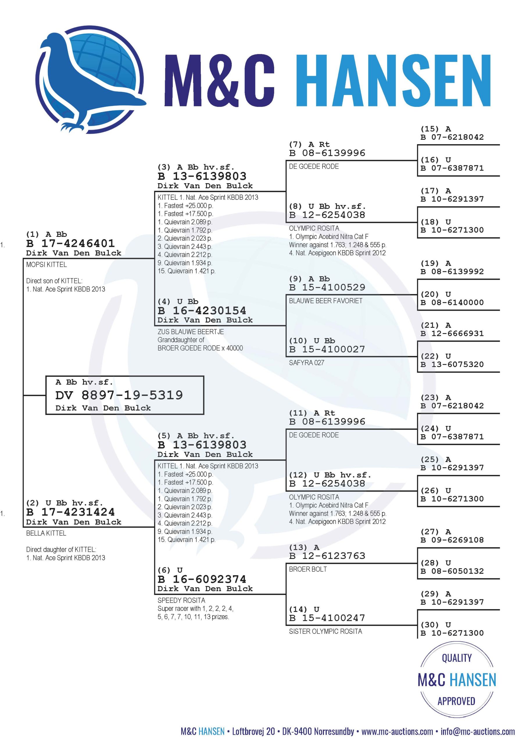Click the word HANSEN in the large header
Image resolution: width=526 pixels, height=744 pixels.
pyautogui.click(x=394, y=81)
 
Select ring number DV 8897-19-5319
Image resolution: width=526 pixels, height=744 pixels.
pyautogui.click(x=119, y=395)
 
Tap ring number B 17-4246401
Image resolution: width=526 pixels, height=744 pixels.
pyautogui.click(x=70, y=243)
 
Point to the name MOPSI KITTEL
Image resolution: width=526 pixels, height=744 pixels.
pyautogui.click(x=46, y=265)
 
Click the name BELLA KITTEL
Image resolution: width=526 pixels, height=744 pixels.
pyautogui.click(x=46, y=533)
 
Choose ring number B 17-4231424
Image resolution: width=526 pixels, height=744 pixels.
pyautogui.click(x=70, y=512)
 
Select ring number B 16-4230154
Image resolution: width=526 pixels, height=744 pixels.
pyautogui.click(x=202, y=310)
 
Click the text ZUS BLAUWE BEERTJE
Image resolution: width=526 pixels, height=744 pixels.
pyautogui.click(x=191, y=332)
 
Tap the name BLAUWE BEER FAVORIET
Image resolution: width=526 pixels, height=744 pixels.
pyautogui.click(x=326, y=301)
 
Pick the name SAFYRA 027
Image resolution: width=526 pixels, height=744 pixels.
pyautogui.click(x=307, y=363)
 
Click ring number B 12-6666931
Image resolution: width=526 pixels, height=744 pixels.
pyautogui.click(x=452, y=333)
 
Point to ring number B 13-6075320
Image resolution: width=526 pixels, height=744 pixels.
pyautogui.click(x=452, y=364)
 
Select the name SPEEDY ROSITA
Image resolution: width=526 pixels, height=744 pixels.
pyautogui.click(x=182, y=600)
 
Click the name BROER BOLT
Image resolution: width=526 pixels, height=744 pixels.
pyautogui.click(x=308, y=569)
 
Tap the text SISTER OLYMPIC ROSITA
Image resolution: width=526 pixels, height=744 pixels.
pyautogui.click(x=325, y=631)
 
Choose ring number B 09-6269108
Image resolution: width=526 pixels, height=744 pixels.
pyautogui.click(x=452, y=540)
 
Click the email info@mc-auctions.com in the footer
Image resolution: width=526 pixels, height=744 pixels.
pyautogui.click(x=478, y=732)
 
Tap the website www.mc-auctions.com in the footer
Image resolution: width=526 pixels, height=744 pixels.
pyautogui.click(x=397, y=732)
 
